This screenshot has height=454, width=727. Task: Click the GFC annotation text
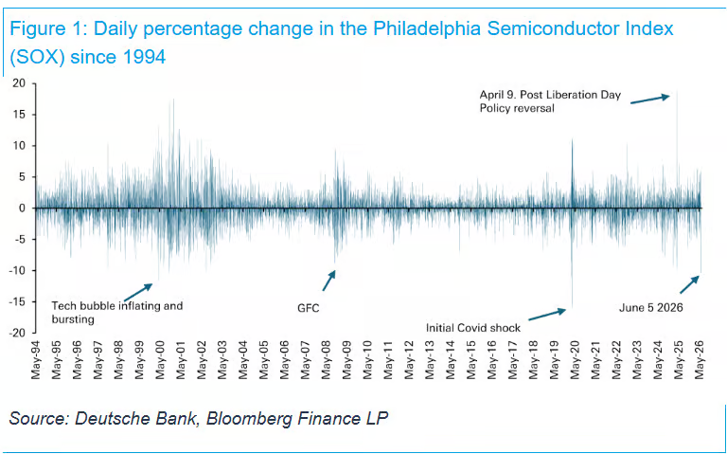click(309, 308)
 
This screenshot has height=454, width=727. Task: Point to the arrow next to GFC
click(328, 281)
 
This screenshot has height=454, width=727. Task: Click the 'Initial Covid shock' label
click(473, 328)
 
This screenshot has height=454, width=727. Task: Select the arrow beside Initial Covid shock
click(547, 315)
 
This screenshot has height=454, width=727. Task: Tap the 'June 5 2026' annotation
click(651, 307)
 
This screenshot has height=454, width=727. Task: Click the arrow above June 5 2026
click(689, 284)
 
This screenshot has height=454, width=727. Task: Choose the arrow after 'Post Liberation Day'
click(650, 100)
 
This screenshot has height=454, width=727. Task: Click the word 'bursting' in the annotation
click(73, 319)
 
